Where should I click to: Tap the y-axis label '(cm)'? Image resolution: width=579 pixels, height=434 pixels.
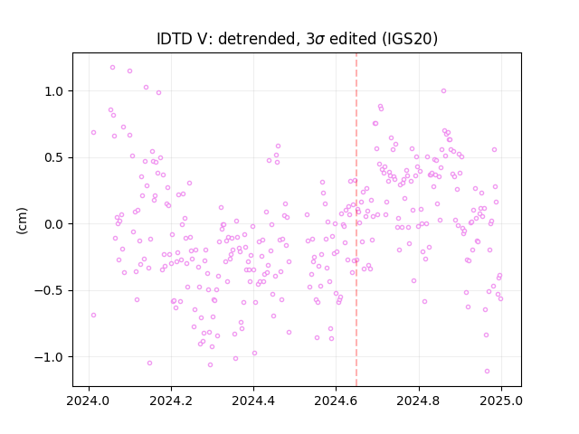pyautogui.click(x=22, y=221)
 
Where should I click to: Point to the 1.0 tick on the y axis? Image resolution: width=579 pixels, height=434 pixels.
pyautogui.click(x=53, y=91)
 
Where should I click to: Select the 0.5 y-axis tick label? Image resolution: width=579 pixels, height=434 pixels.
pyautogui.click(x=53, y=157)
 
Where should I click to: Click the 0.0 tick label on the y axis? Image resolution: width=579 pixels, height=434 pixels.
pyautogui.click(x=53, y=224)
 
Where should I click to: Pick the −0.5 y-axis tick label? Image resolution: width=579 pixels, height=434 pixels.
pyautogui.click(x=49, y=290)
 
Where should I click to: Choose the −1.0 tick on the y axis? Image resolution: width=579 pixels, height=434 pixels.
pyautogui.click(x=49, y=357)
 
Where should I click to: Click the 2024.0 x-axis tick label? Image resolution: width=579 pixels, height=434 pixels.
pyautogui.click(x=89, y=401)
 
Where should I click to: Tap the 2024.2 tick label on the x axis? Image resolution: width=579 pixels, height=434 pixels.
pyautogui.click(x=171, y=401)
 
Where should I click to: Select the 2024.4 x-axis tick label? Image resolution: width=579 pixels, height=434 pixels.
pyautogui.click(x=253, y=401)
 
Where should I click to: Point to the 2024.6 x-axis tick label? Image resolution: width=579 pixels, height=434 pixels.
pyautogui.click(x=336, y=401)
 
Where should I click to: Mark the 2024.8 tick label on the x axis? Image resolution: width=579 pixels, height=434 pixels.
pyautogui.click(x=418, y=401)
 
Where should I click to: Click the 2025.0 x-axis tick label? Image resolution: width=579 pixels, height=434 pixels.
pyautogui.click(x=501, y=401)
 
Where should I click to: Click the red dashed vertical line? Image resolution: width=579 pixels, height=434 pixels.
pyautogui.click(x=356, y=220)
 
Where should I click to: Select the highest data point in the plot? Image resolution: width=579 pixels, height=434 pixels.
pyautogui.click(x=112, y=68)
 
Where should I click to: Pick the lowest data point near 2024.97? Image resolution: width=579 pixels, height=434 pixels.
pyautogui.click(x=487, y=371)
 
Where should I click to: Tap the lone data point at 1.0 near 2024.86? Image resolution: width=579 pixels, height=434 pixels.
pyautogui.click(x=443, y=90)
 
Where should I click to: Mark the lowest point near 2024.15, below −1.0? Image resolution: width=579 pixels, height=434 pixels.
pyautogui.click(x=149, y=363)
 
